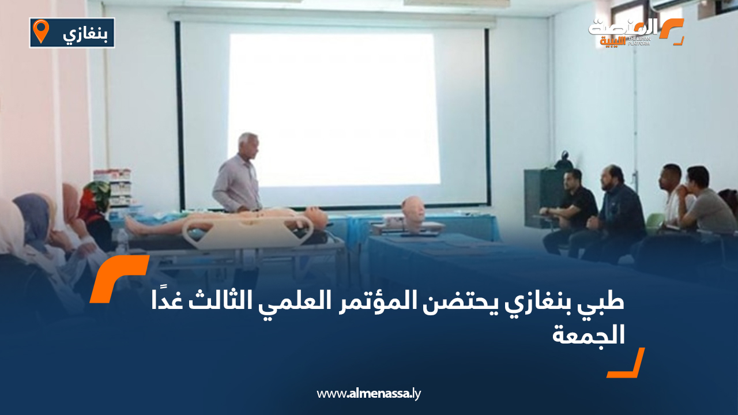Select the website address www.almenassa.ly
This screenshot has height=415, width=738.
(369, 394)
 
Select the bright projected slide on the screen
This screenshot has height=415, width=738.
(334, 110)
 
